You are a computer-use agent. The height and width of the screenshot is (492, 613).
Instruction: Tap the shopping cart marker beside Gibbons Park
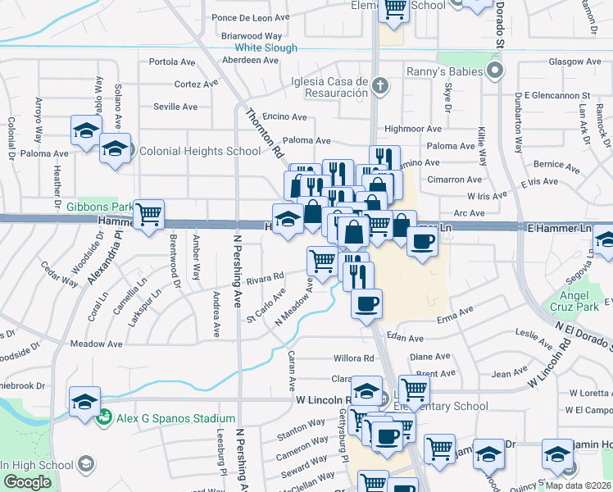click(x=148, y=215)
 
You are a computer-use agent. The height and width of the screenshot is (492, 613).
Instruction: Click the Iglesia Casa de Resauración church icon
click(x=380, y=84)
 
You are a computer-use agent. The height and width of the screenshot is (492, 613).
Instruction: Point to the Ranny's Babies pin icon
click(x=494, y=71)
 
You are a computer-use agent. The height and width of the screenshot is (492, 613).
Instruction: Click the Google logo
click(x=26, y=482)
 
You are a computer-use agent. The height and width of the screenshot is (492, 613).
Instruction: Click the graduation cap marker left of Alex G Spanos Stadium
click(x=84, y=402)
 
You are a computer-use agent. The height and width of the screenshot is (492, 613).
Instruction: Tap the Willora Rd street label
click(x=353, y=358)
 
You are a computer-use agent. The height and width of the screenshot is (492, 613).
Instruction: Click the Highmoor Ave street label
click(x=412, y=129)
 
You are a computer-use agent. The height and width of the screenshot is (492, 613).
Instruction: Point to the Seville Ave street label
click(x=176, y=107)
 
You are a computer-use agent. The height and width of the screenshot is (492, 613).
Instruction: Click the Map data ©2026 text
click(x=579, y=485)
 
